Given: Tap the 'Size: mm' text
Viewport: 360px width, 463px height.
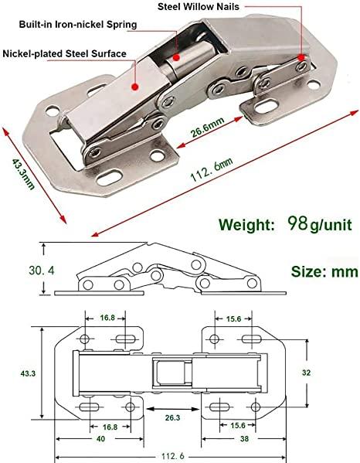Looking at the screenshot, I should [x=324, y=271].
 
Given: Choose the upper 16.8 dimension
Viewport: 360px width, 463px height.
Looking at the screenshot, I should [x=107, y=317].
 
